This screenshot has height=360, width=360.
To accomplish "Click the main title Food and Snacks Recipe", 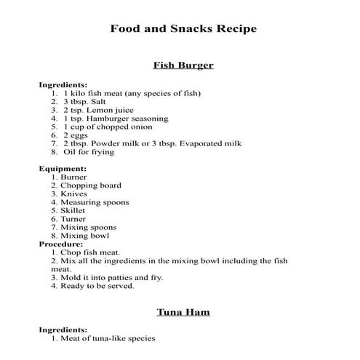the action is coord(183,29).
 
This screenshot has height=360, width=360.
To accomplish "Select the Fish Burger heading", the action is coord(183,65).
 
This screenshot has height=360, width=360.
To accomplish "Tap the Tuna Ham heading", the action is coord(183,312).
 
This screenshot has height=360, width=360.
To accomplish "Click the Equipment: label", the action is coord(62,168).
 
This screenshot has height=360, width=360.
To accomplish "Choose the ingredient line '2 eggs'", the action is coord(76,135).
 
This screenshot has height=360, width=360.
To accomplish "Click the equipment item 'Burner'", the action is coord(73,177).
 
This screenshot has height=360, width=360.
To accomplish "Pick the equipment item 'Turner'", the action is coord(73,219).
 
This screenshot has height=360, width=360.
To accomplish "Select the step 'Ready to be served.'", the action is coord(97,286).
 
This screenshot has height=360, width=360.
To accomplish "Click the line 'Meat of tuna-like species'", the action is coord(108,338).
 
